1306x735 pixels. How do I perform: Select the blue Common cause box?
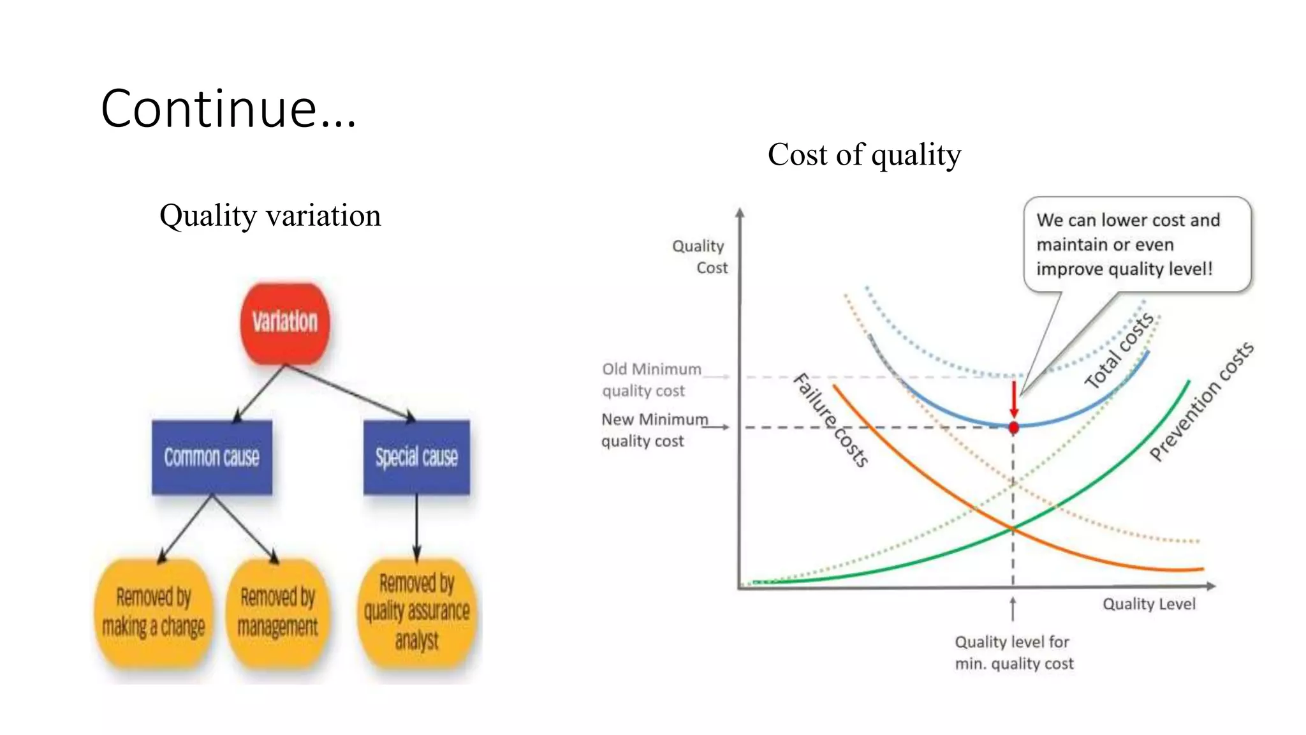[x=212, y=457]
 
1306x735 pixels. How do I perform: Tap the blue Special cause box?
[x=416, y=457]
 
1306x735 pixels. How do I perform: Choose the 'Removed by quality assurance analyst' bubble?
[x=416, y=611]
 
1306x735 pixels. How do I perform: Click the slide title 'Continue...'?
[x=228, y=108]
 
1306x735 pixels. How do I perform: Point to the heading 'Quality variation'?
[x=270, y=216]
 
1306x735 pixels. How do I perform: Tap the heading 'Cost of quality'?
[x=864, y=154]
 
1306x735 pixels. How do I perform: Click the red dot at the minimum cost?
[x=1013, y=427]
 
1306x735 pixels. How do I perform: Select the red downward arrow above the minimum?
[x=1013, y=399]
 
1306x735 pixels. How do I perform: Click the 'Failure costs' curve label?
[x=831, y=420]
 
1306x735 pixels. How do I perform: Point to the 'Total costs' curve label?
[x=1119, y=350]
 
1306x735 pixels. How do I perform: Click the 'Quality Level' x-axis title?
[x=1148, y=604]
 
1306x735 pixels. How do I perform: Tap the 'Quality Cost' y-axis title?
[x=700, y=256]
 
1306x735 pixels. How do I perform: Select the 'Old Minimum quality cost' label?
[x=650, y=380]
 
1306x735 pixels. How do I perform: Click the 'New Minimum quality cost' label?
[x=654, y=430]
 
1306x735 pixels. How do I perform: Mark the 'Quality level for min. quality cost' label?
[x=1013, y=653]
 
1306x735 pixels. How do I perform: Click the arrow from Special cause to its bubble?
[x=416, y=526]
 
